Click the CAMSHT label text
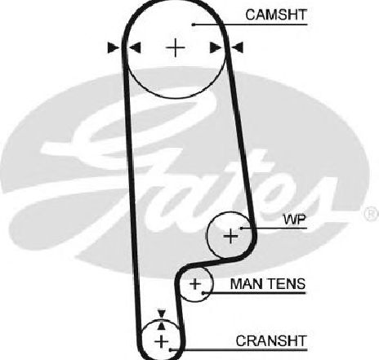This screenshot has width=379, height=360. tap(276, 15)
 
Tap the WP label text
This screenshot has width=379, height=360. tap(295, 220)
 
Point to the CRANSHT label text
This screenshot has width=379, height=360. tap(271, 340)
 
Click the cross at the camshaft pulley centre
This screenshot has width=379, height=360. tap(176, 48)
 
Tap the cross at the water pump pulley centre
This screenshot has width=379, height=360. tap(230, 236)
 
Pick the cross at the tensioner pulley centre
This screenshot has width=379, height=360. tap(195, 284)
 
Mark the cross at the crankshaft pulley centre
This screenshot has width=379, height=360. tap(162, 341)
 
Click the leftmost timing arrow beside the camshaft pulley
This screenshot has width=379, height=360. tap(114, 47)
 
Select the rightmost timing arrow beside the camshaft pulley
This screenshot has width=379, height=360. tap(237, 47)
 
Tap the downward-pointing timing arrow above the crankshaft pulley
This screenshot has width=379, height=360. tap(162, 313)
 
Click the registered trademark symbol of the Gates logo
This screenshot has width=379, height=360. tap(371, 213)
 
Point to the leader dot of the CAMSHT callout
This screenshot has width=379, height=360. tap(193, 24)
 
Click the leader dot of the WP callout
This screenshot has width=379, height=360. tap(241, 228)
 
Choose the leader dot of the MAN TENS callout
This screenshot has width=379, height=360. tap(203, 293)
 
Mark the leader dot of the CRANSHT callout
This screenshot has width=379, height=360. tap(170, 350)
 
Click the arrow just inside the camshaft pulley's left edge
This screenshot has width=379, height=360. tap(135, 47)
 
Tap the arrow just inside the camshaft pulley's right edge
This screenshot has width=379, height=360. tap(215, 47)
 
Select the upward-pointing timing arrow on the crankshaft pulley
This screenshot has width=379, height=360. tap(162, 326)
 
